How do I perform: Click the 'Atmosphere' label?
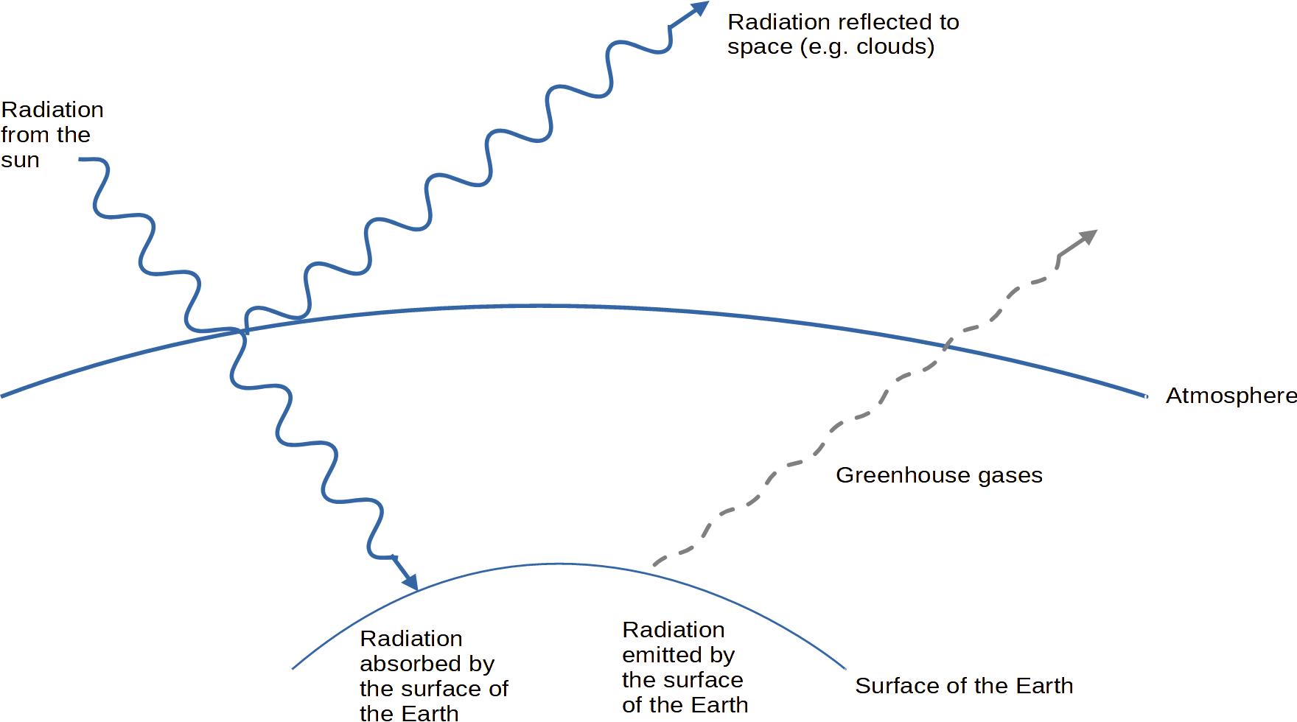coord(1230,396)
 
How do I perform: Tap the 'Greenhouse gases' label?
coord(939,475)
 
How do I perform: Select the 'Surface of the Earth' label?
coord(963,686)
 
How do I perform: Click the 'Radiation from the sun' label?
coord(52,135)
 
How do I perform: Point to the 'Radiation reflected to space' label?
coord(842,34)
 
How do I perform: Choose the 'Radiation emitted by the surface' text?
coord(685,667)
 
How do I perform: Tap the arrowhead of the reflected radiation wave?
coord(699,10)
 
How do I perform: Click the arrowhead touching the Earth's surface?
coord(410,581)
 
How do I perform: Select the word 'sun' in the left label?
coord(20,161)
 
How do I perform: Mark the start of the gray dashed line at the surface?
coord(655,564)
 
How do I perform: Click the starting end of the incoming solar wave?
coord(80,159)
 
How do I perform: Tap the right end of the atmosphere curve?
coord(1146,396)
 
